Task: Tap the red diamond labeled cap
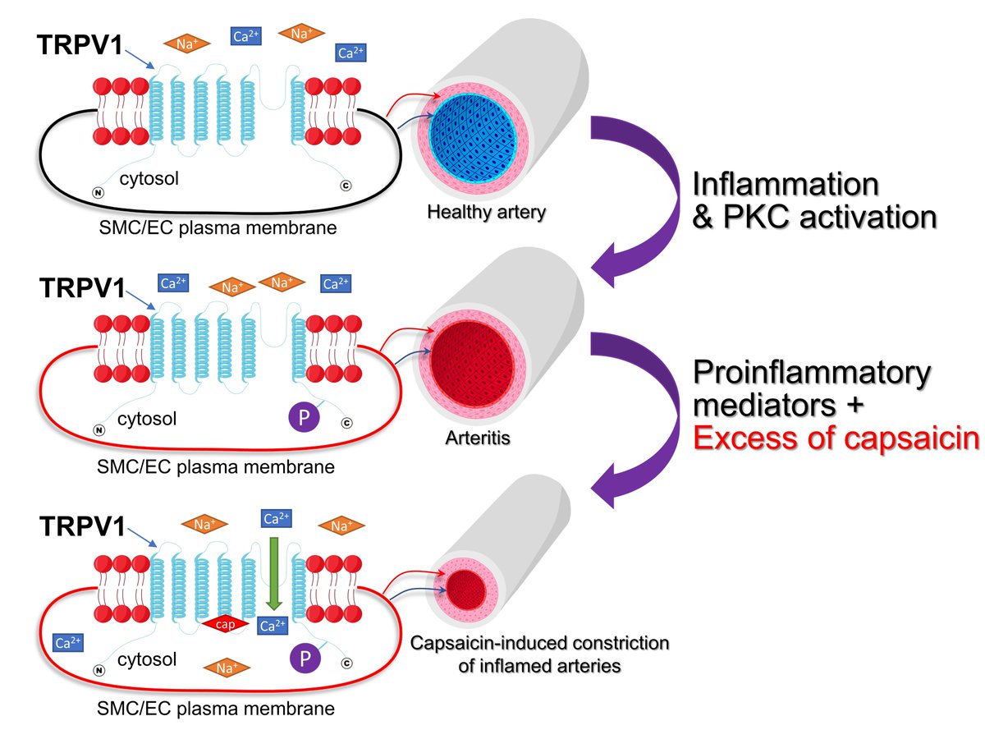227,625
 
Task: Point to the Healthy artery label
486,212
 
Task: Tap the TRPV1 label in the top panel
80,46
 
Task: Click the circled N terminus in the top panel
98,192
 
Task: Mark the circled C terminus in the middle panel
346,423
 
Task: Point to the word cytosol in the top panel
150,178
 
